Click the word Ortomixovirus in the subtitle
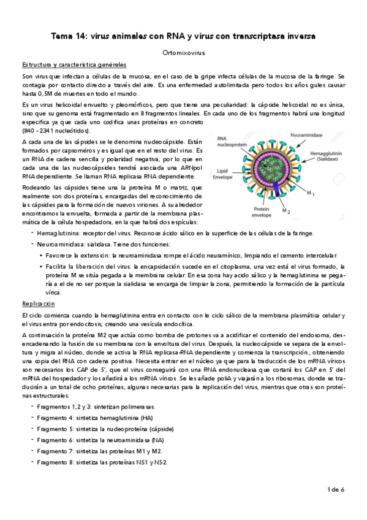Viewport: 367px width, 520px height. (x=183, y=54)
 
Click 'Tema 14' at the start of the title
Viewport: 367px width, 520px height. (x=67, y=37)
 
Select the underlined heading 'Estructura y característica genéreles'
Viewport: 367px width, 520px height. (x=74, y=64)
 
